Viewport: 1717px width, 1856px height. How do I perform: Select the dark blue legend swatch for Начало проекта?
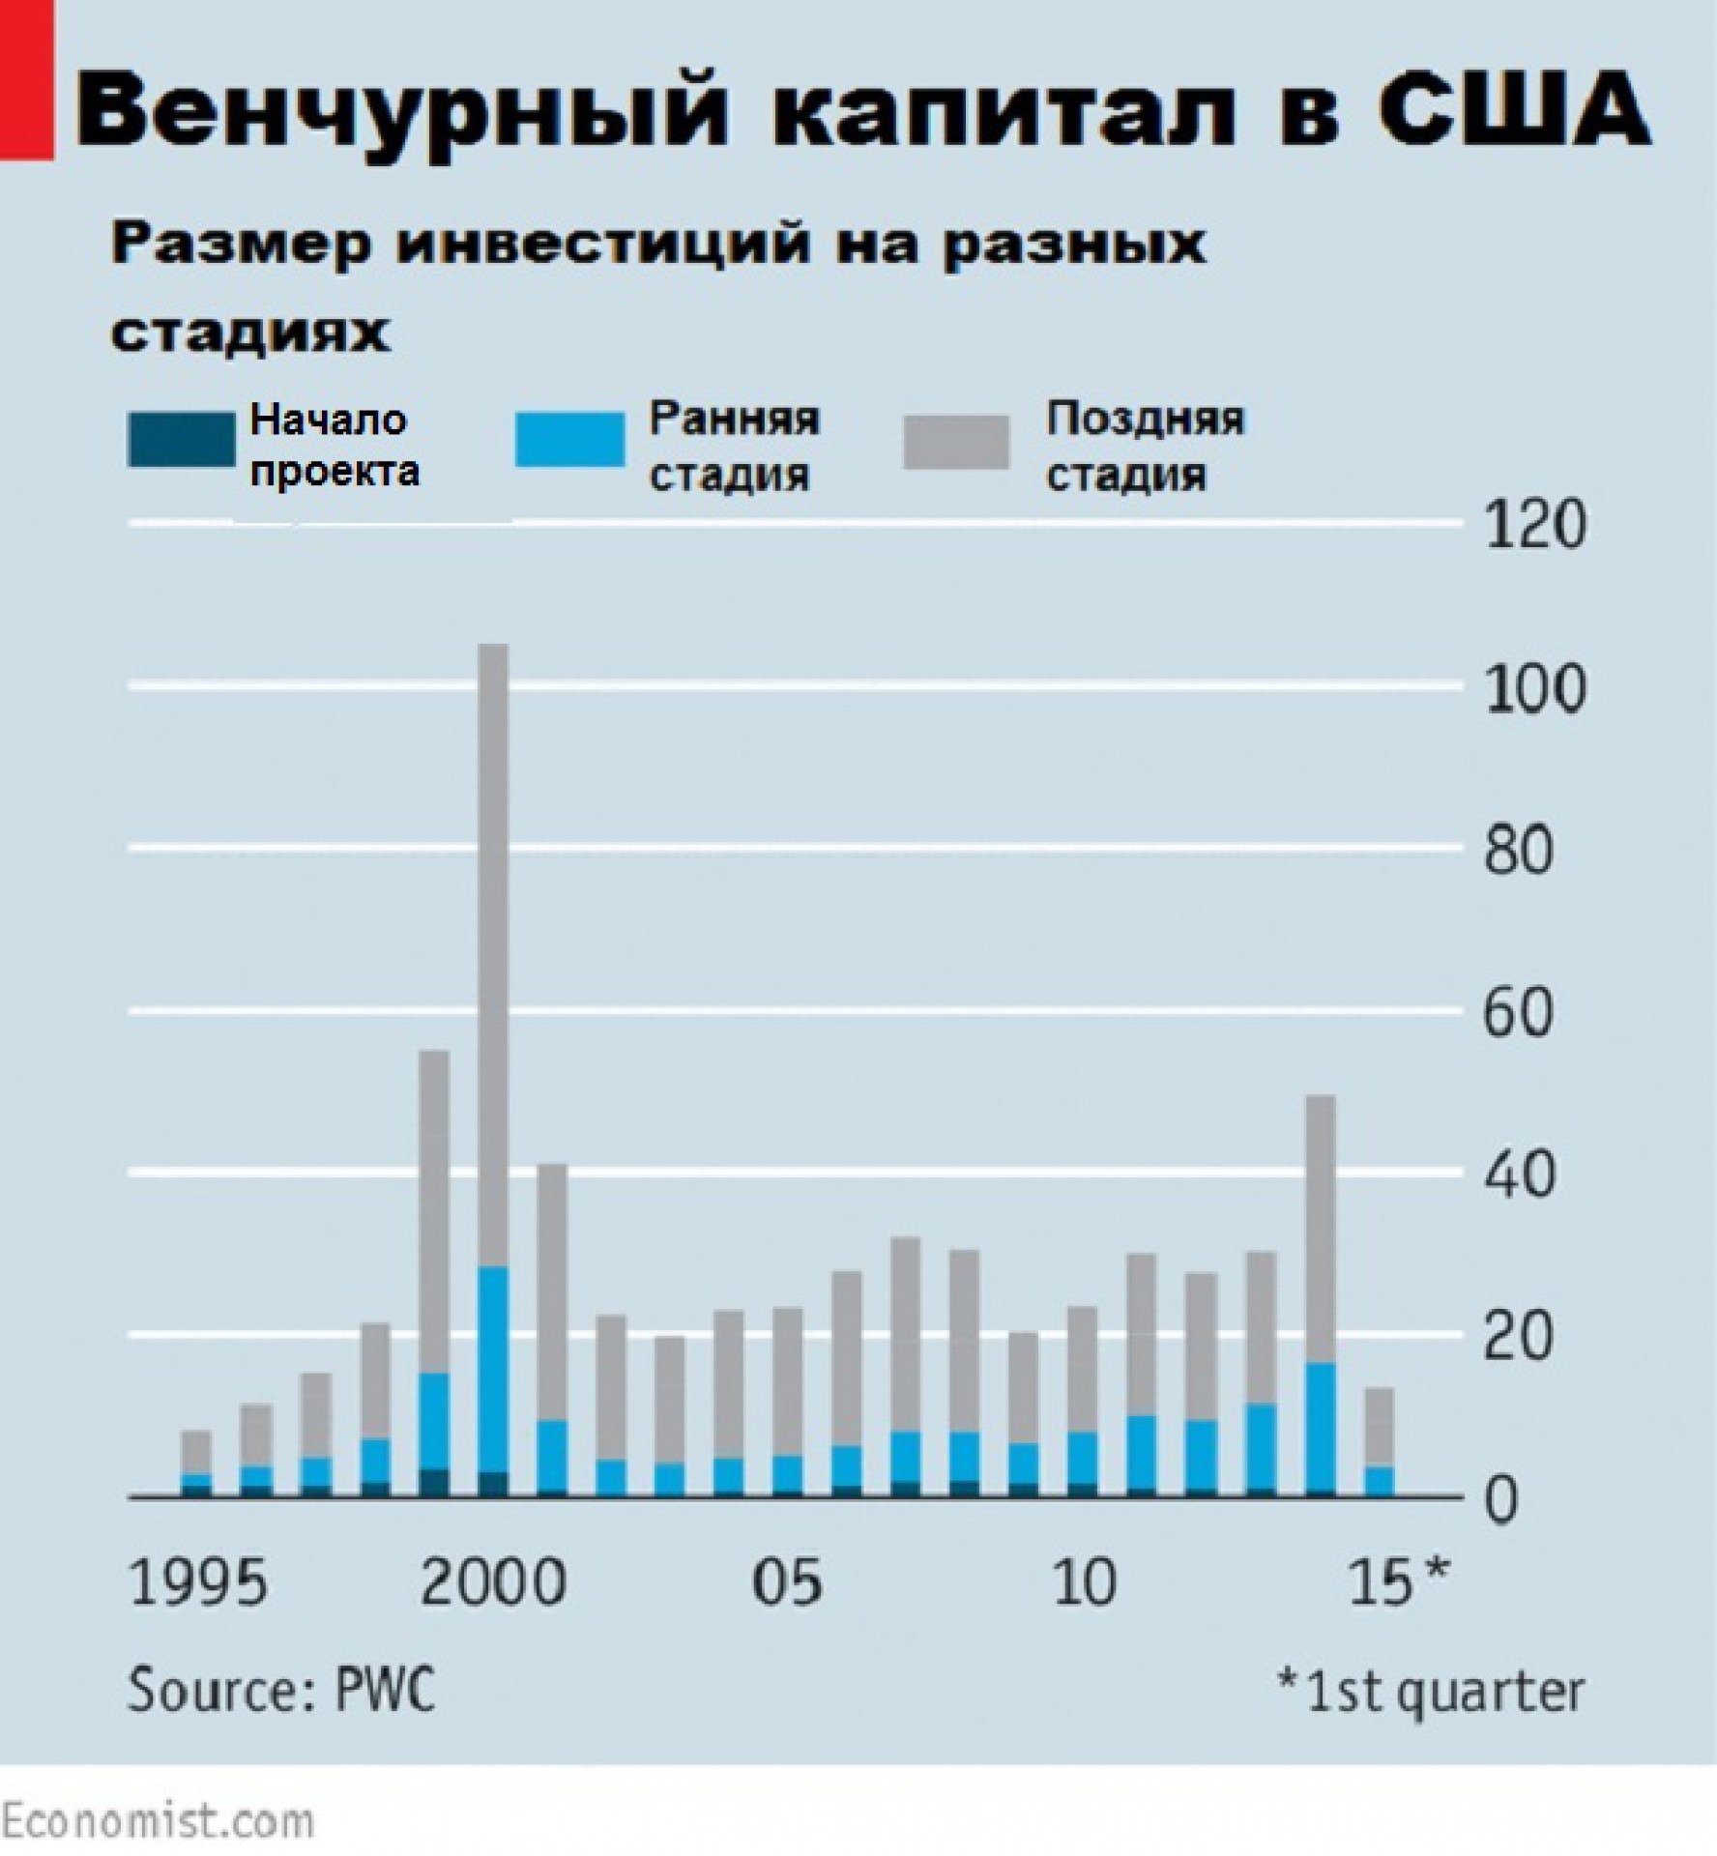pyautogui.click(x=182, y=440)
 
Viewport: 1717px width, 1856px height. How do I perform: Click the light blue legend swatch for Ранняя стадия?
pyautogui.click(x=569, y=440)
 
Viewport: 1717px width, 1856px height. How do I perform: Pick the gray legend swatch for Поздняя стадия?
pyautogui.click(x=956, y=442)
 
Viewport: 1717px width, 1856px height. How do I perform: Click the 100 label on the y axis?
pyautogui.click(x=1534, y=689)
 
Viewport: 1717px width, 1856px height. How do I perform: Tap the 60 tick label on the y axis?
pyautogui.click(x=1518, y=1013)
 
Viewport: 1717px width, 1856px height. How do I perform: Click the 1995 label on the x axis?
pyautogui.click(x=197, y=1583)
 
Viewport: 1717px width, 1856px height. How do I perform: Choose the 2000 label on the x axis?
pyautogui.click(x=493, y=1583)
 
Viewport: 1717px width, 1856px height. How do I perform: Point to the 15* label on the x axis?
pyautogui.click(x=1398, y=1583)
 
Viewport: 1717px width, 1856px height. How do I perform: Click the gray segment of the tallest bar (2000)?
pyautogui.click(x=493, y=947)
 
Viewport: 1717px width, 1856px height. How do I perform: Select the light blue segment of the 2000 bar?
pyautogui.click(x=493, y=1368)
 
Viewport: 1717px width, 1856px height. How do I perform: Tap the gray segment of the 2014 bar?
pyautogui.click(x=1321, y=1228)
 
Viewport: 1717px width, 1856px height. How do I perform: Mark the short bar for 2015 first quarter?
pyautogui.click(x=1379, y=1440)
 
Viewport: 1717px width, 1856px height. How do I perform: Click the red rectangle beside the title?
pyautogui.click(x=26, y=77)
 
